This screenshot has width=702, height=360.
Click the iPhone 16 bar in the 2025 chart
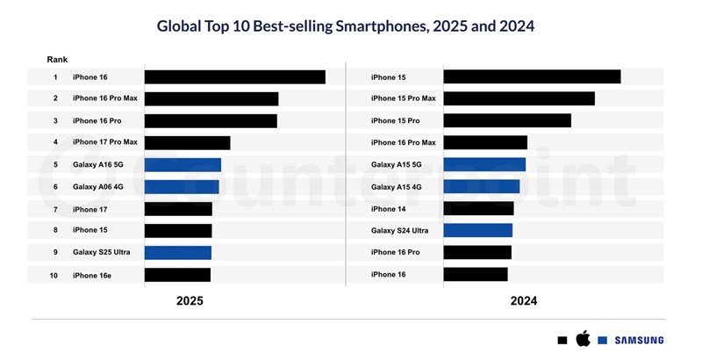coord(234,77)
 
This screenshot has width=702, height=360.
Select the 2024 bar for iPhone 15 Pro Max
coord(519,98)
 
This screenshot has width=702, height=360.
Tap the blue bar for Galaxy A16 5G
coord(183,165)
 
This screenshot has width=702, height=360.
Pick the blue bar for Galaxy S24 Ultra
coord(477,231)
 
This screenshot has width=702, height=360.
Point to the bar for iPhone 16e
coord(177,275)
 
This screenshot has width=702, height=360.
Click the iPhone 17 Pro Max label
coord(105,142)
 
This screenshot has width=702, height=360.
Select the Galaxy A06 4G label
coord(98,186)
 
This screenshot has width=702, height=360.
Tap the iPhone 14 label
coord(390,209)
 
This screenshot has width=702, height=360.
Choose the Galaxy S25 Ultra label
coord(101,252)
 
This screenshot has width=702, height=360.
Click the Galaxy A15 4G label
coord(397,187)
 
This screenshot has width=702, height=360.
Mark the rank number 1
coord(54,77)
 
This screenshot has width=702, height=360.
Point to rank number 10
coord(54,275)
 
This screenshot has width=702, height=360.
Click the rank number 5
coord(54,164)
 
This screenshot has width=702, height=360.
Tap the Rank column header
coord(57,59)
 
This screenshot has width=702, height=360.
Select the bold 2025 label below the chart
coord(190,300)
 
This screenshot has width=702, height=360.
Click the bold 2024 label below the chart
coord(523,300)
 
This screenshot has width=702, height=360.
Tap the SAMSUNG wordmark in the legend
coord(638,340)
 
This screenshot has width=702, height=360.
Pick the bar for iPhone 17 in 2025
coord(178,209)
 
